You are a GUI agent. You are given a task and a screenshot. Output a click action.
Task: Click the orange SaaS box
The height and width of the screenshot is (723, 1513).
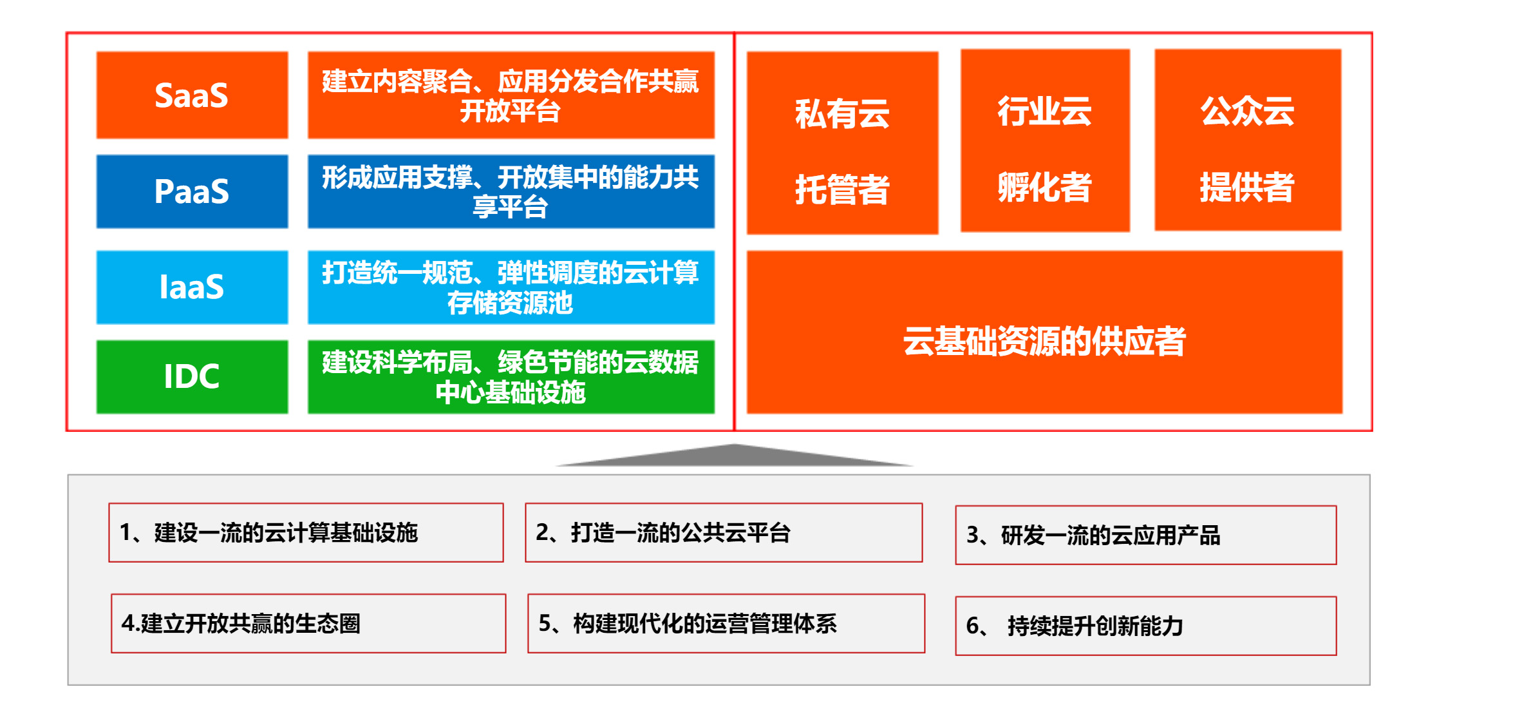[x=192, y=95]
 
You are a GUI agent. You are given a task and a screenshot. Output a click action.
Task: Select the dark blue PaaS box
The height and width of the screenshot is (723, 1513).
[x=192, y=191]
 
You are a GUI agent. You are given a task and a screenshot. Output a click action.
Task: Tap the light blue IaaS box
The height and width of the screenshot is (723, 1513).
[x=192, y=287]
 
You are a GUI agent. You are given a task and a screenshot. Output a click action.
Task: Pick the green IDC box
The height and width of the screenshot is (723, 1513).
[x=192, y=376]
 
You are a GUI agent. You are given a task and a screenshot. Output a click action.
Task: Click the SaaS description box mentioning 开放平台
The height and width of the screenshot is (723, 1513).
[x=511, y=95]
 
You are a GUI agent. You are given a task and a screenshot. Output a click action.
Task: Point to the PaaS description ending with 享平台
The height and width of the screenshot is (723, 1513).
[x=511, y=191]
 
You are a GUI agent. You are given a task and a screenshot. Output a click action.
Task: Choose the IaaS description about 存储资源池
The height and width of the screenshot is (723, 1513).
[x=511, y=287]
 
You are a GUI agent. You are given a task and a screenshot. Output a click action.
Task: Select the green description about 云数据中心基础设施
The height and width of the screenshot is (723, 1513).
[x=511, y=376]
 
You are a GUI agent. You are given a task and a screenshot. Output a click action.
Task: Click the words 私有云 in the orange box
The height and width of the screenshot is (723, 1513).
[x=842, y=114]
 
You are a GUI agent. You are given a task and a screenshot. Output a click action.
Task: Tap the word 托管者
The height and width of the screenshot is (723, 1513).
[x=842, y=189]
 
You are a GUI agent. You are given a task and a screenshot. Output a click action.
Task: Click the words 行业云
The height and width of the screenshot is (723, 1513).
[x=1045, y=111]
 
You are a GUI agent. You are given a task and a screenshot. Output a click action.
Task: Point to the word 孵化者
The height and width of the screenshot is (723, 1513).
[x=1045, y=188]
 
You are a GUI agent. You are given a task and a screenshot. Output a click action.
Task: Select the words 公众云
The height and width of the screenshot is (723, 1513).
[x=1247, y=111]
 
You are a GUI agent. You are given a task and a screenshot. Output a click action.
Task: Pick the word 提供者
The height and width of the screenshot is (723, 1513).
[x=1247, y=188]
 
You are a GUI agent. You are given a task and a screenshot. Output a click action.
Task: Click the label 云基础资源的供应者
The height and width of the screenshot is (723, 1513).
[x=1044, y=341]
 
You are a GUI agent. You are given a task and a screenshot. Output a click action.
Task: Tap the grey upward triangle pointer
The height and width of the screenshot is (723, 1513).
[x=734, y=457]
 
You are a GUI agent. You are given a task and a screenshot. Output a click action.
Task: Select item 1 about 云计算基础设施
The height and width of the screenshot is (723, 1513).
[x=306, y=533]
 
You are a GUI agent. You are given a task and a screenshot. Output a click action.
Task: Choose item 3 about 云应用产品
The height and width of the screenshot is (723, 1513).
[x=1146, y=535]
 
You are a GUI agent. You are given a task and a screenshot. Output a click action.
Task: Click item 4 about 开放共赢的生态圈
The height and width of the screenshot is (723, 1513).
[x=308, y=624]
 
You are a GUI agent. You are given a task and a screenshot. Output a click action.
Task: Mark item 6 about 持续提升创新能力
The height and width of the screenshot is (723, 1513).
[x=1146, y=626]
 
